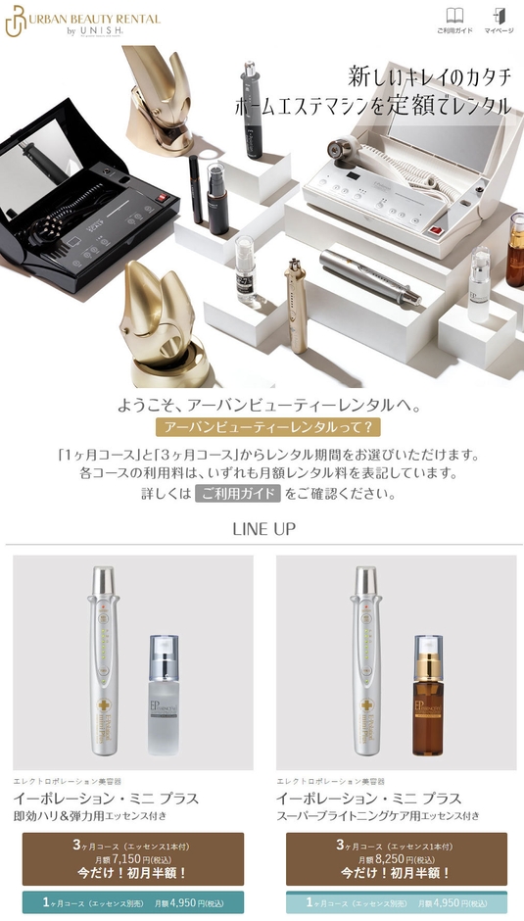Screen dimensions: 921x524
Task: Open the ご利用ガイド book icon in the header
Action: click(x=454, y=19)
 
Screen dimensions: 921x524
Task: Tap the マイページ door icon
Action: click(x=499, y=19)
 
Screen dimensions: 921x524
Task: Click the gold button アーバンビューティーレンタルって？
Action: click(x=267, y=427)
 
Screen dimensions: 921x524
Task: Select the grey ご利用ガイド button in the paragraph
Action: click(x=238, y=494)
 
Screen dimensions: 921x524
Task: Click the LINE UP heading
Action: click(x=263, y=529)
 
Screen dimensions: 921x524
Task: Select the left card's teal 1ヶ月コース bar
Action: click(x=132, y=902)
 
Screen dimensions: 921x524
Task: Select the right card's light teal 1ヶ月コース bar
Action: click(x=396, y=902)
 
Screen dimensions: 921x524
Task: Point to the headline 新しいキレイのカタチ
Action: click(x=429, y=76)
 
